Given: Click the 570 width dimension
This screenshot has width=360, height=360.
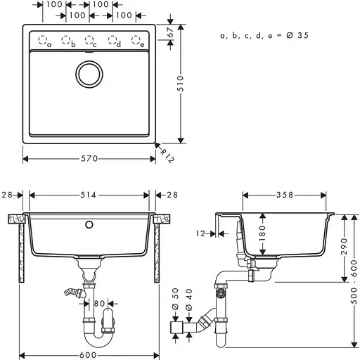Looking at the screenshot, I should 89,159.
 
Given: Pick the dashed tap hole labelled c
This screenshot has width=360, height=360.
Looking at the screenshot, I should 89,40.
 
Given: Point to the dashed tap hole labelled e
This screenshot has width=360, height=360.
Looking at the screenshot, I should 137,40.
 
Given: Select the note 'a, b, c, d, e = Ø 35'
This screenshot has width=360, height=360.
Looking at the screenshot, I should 264,34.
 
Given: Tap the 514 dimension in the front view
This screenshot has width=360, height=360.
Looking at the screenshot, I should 89,195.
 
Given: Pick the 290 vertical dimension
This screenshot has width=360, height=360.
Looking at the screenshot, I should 344,246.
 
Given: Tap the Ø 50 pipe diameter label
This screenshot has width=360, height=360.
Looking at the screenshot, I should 176,293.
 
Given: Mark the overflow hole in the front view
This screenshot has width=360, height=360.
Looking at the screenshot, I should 89,226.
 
